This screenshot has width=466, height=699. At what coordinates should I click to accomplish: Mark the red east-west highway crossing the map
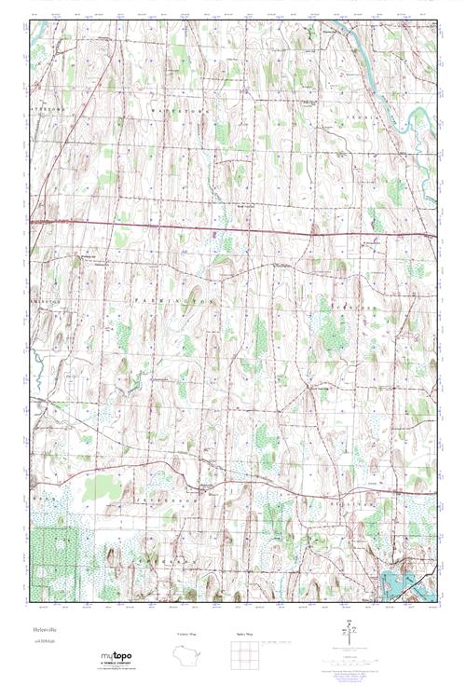(x=233, y=228)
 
